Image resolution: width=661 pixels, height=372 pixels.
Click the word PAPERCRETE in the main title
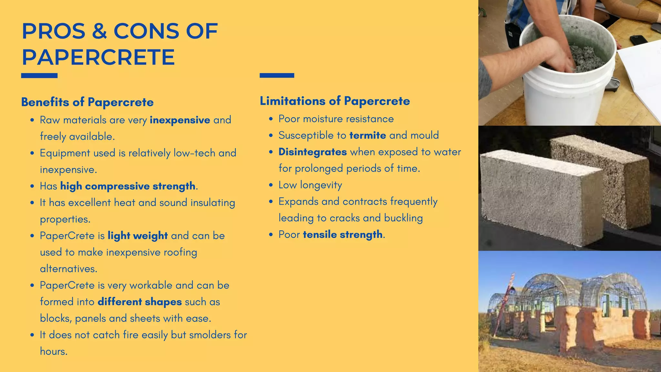click(98, 57)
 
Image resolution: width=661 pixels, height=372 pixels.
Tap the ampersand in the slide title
click(99, 31)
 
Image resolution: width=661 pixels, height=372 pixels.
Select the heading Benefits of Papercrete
click(87, 102)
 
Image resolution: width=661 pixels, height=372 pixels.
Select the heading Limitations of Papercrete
click(335, 101)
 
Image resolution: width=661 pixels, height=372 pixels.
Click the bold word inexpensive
click(180, 120)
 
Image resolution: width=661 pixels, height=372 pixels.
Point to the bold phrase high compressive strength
click(128, 186)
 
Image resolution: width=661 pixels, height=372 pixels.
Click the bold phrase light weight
click(137, 236)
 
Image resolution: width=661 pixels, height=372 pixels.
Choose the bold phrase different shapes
click(140, 302)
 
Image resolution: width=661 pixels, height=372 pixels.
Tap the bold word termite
click(368, 135)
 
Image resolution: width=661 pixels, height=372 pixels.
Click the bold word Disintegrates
click(312, 152)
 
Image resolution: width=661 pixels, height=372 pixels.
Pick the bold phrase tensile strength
click(342, 234)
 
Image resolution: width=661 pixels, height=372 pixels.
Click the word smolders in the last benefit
click(210, 335)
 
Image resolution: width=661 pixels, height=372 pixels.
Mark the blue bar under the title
click(39, 76)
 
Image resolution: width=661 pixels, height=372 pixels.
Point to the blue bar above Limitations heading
click(277, 75)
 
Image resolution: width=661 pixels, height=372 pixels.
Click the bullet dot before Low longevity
click(271, 185)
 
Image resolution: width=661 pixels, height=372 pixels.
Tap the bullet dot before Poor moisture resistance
click(271, 119)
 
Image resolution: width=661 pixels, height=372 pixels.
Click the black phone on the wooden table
click(639, 40)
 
